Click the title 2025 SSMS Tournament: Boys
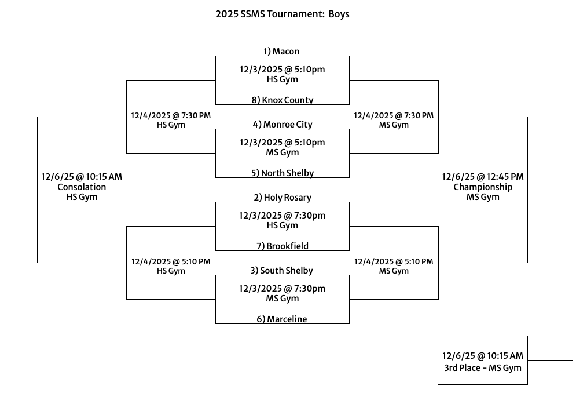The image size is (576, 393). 283,14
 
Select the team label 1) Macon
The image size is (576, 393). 282,52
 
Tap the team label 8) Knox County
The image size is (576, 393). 283,100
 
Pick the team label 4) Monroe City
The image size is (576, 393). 283,125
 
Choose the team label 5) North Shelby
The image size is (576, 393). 283,173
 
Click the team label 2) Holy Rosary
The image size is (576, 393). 283,198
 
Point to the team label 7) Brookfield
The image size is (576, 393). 283,246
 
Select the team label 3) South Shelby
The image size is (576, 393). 283,271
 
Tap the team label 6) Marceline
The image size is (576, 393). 283,319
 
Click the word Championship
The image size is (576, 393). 483,187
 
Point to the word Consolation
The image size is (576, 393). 82,187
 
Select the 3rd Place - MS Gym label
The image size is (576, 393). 483,368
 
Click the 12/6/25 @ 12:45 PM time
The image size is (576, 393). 483,177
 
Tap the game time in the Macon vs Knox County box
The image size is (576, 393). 283,70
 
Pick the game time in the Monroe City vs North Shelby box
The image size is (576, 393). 283,143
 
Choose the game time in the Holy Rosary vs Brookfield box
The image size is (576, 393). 283,216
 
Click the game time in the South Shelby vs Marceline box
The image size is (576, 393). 283,289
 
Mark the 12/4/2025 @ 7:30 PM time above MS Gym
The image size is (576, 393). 394,115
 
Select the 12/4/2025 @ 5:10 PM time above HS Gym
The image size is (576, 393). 171,261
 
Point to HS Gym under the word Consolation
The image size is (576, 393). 82,197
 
